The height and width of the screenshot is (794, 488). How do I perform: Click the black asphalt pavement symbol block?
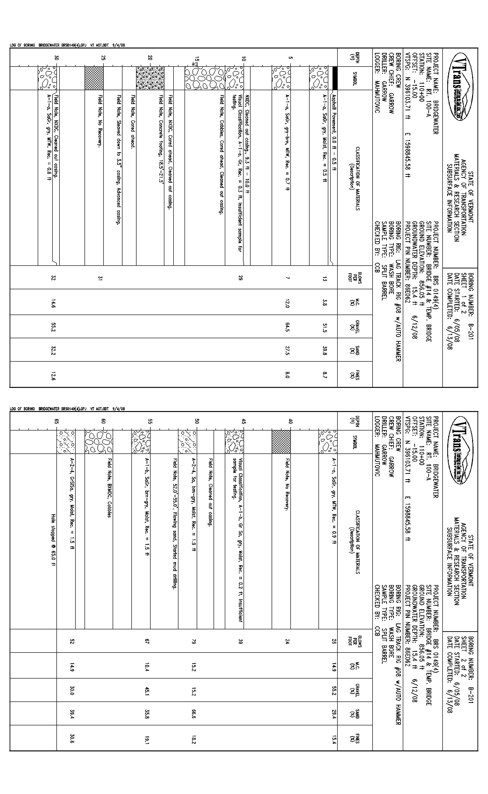pyautogui.click(x=335, y=78)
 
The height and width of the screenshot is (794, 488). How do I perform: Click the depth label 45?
pyautogui.click(x=244, y=421)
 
